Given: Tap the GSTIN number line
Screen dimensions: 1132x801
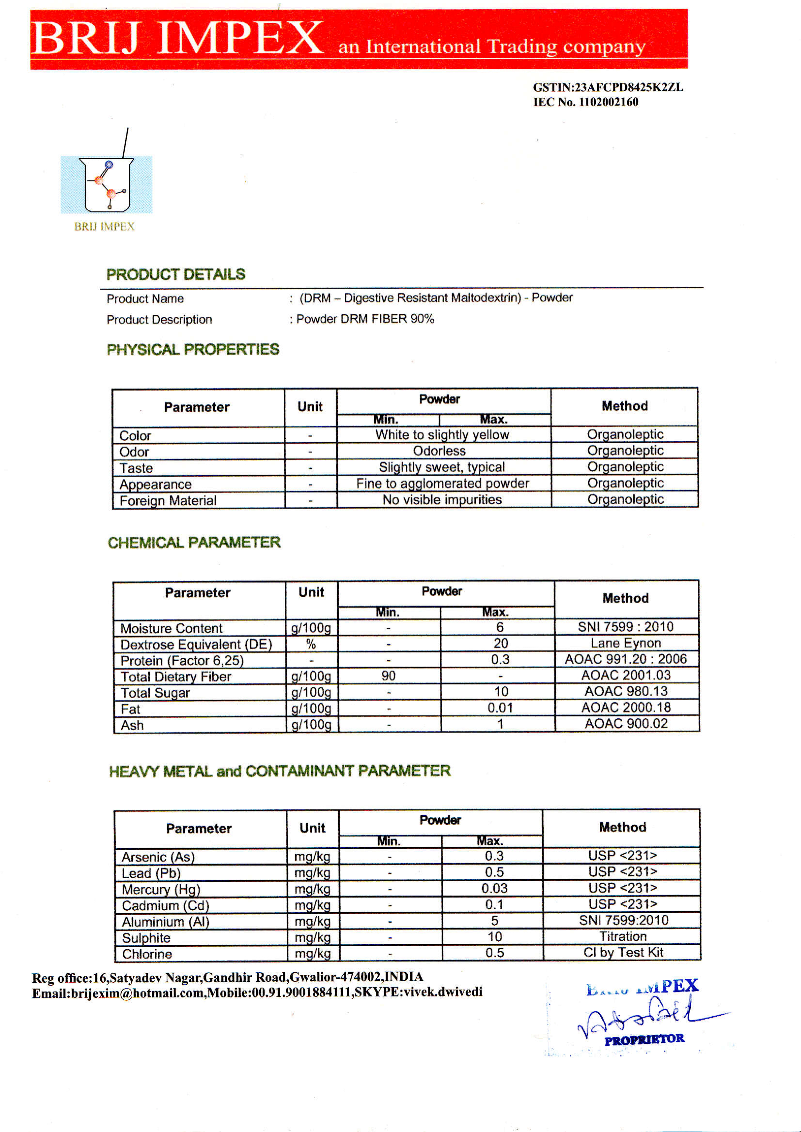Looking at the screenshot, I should click(608, 87).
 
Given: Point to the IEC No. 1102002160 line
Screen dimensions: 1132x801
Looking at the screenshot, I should click(585, 102).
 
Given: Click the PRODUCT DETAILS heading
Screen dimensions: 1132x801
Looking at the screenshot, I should click(175, 275).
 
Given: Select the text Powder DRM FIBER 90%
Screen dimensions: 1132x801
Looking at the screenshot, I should click(365, 319).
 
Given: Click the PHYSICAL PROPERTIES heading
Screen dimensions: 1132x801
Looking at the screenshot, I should click(193, 350).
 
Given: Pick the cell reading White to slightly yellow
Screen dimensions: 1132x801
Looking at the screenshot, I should click(442, 434).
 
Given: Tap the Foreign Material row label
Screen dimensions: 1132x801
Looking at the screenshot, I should click(168, 500).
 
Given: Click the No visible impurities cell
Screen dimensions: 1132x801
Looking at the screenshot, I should click(442, 499).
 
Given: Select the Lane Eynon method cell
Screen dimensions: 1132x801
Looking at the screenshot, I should click(626, 643).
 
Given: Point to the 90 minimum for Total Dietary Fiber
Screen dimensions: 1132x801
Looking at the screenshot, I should click(388, 675).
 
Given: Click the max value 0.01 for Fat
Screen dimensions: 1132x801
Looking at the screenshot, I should click(500, 708).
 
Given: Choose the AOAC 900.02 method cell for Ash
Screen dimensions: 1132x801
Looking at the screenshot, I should click(626, 723).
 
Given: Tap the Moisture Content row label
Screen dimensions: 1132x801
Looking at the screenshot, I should click(171, 628).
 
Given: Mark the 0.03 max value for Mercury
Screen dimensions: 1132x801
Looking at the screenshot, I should click(494, 888).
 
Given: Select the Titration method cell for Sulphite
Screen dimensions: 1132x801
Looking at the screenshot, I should click(623, 936).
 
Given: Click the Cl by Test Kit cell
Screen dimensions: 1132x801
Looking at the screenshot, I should click(623, 952).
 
